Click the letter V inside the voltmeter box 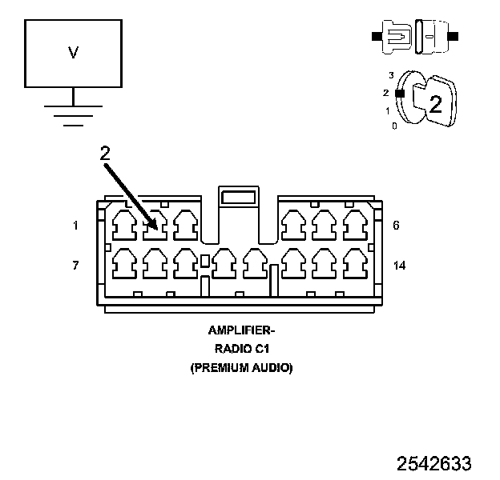(73, 54)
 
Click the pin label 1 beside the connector (75, 226)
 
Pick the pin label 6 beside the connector (397, 226)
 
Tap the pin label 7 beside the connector (75, 264)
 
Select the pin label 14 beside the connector (399, 264)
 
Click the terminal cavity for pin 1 (124, 225)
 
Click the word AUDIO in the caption (272, 368)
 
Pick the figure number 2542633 (433, 463)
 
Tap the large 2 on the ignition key (435, 103)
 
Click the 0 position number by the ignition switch (393, 126)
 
